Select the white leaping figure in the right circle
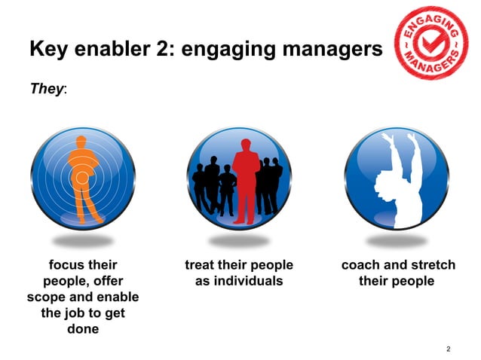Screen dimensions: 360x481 pos(398,178)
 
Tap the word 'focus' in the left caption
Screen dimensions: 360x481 pos(66,265)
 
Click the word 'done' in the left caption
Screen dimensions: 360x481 pos(83,329)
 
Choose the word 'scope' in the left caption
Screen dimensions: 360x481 pos(43,297)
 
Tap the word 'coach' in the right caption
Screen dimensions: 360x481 pos(362,265)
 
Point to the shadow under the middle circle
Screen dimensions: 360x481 pos(239,241)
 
